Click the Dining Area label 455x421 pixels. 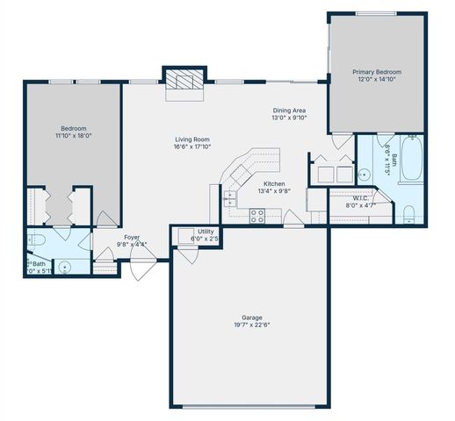(x=288, y=110)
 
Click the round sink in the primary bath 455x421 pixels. (x=364, y=172)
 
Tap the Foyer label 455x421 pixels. (x=132, y=237)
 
